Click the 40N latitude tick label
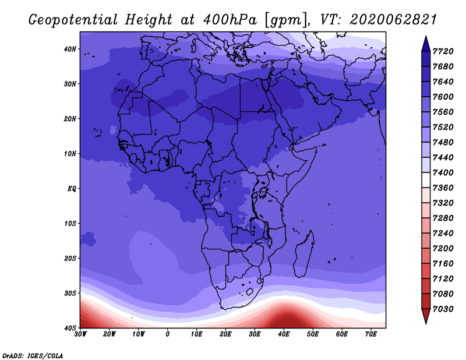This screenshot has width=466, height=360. pos(70,49)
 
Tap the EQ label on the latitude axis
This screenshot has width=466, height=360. pos(72,189)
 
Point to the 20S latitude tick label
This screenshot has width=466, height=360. pos(70,258)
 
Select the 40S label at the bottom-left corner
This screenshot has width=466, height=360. pos(70,328)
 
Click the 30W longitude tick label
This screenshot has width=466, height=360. pos(80,334)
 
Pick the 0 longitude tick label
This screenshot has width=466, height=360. pos(168,334)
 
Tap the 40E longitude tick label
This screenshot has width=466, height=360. pos(284,334)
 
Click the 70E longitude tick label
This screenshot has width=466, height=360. pos(371,334)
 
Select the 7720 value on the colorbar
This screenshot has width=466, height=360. pos(443,51)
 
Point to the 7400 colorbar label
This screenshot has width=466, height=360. pos(443,172)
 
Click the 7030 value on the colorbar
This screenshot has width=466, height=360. pos(443,309)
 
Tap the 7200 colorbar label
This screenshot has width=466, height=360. pos(443,249)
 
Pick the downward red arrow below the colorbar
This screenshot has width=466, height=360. pos(426,316)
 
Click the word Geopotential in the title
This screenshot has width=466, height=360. pos(73,20)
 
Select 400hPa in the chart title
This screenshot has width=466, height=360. pos(230,20)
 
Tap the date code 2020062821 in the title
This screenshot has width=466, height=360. pos(393,20)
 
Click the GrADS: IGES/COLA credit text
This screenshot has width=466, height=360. pos(33,356)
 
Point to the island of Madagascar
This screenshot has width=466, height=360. pos(304,254)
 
